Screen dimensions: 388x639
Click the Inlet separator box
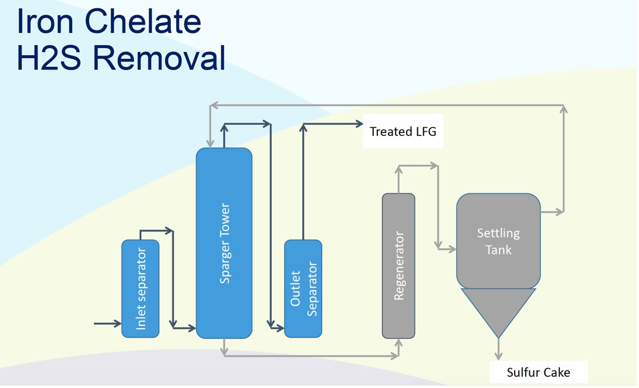[x=140, y=288]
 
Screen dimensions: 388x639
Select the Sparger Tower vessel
[x=224, y=243]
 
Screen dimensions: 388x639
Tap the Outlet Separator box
[x=303, y=288]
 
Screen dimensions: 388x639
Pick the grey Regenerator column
[x=398, y=266]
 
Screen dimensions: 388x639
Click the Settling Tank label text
[x=498, y=241]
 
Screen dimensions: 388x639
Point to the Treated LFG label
[x=403, y=131]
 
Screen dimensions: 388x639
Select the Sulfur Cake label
[x=538, y=372]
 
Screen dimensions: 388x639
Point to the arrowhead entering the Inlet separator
[x=117, y=323]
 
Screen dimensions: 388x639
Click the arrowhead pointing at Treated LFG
[x=359, y=124]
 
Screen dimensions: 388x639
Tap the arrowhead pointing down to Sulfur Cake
[x=498, y=356]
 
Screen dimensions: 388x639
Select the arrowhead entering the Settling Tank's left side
[x=452, y=250]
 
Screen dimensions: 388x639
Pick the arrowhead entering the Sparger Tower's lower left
[x=192, y=329]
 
